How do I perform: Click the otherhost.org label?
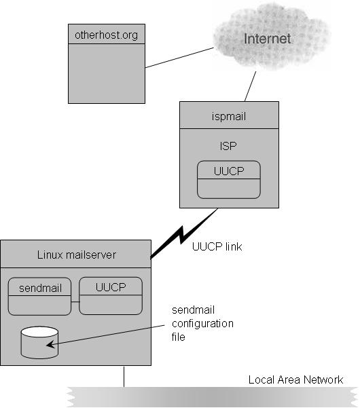tap(106, 35)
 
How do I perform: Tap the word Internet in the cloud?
tap(267, 39)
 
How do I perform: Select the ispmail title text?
tap(228, 116)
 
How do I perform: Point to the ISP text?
tap(228, 146)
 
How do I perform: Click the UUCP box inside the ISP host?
tap(228, 179)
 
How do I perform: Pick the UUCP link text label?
tap(217, 246)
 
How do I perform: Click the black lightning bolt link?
tap(184, 234)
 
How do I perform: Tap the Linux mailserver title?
tap(77, 255)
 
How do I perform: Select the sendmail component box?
tap(39, 297)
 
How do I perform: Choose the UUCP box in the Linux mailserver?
tap(111, 296)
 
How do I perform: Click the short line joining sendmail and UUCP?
tap(75, 302)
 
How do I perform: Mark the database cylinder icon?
tap(39, 343)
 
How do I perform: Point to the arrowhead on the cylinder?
tap(50, 344)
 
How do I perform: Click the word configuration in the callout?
tap(202, 324)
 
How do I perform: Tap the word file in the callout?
tap(179, 337)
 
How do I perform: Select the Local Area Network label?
tap(295, 380)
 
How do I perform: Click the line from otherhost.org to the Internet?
tap(179, 58)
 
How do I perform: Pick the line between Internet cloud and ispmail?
tap(250, 86)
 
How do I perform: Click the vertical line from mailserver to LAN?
tap(124, 377)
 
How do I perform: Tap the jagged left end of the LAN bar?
tap(69, 397)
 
